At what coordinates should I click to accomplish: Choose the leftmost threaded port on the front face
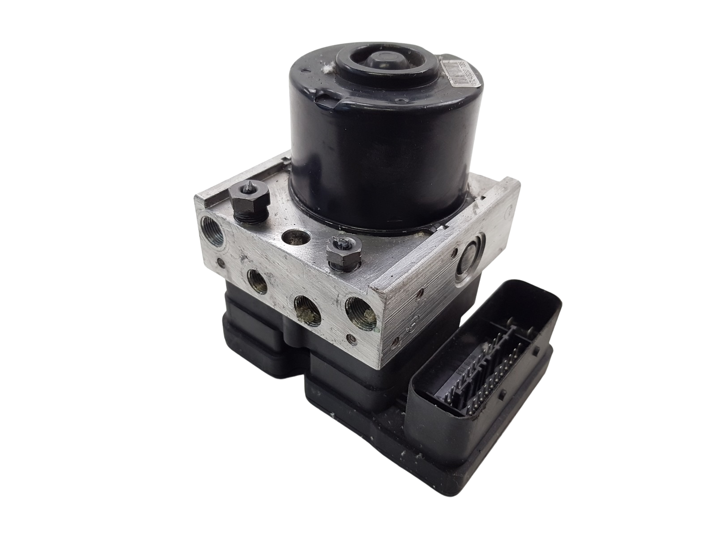point(256,286)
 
